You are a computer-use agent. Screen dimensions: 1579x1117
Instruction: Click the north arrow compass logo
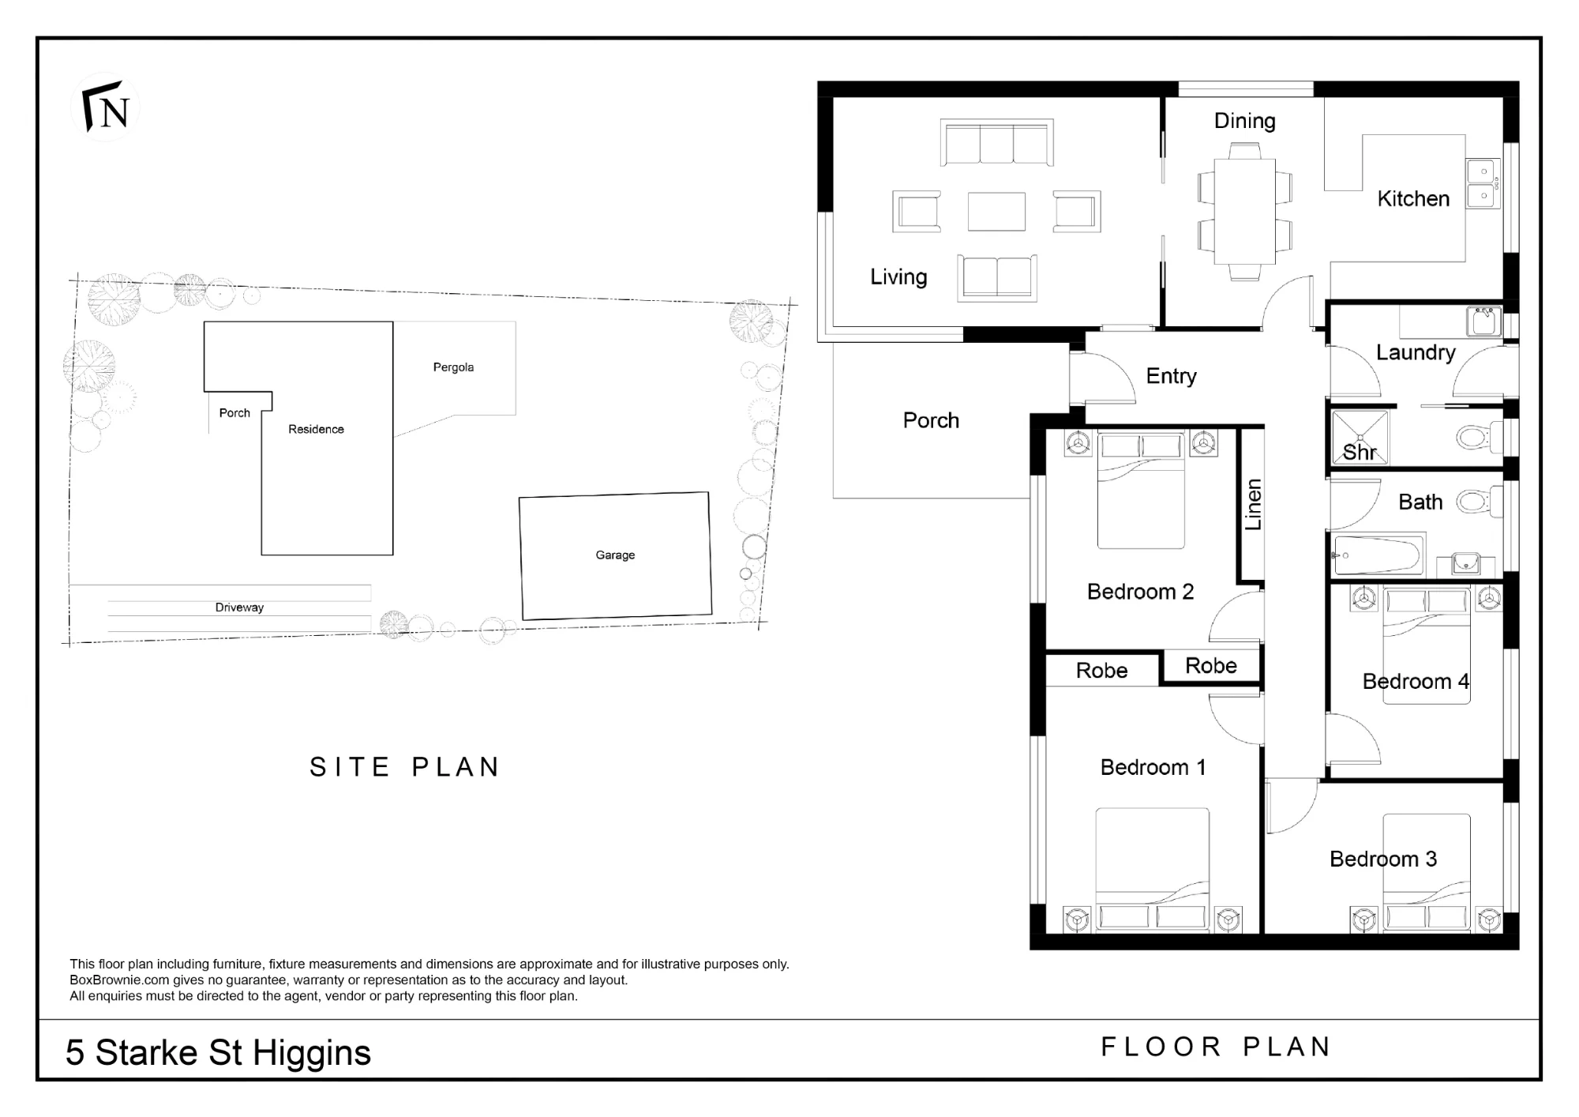(x=106, y=107)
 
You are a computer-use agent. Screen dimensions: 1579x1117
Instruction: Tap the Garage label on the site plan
(x=615, y=555)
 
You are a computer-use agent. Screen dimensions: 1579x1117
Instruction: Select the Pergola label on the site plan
(x=453, y=367)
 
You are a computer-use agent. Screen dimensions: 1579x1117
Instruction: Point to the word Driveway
(x=239, y=607)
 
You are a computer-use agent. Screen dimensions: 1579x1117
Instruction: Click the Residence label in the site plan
(x=316, y=430)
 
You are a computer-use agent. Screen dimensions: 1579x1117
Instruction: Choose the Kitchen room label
(x=1413, y=198)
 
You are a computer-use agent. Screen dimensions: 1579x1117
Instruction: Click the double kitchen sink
(x=1483, y=183)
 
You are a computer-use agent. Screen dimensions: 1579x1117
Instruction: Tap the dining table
(x=1244, y=211)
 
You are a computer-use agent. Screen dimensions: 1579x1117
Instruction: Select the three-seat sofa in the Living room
(x=996, y=142)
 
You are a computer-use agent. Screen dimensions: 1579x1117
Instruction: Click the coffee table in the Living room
(x=996, y=212)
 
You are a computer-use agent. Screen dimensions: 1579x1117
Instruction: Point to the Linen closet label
(x=1253, y=505)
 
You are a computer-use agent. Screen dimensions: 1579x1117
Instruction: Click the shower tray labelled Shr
(x=1360, y=437)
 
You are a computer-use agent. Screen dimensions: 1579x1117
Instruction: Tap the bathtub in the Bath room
(x=1378, y=555)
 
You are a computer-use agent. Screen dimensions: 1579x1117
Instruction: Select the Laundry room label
(x=1416, y=352)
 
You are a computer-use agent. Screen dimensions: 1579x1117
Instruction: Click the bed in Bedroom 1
(x=1153, y=869)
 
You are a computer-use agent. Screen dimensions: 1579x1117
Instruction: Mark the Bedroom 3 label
(x=1383, y=859)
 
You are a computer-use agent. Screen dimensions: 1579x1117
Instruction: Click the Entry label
(x=1171, y=376)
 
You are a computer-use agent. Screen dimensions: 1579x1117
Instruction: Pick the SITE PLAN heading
(x=405, y=767)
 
